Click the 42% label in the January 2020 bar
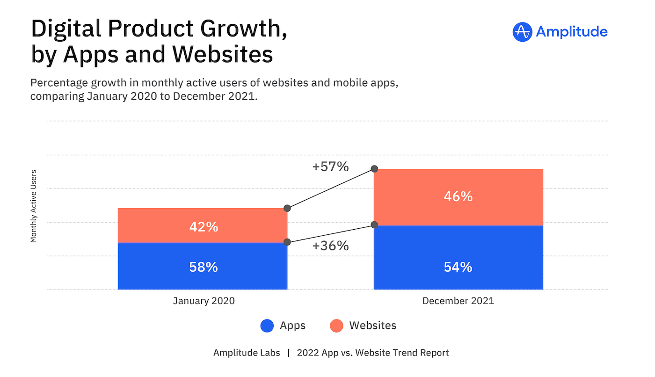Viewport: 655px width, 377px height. tap(204, 227)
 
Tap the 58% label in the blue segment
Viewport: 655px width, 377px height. tap(204, 267)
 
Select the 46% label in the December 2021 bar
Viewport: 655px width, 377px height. tap(458, 196)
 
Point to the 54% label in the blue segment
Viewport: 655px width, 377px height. tap(458, 267)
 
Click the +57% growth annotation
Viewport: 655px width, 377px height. tap(330, 167)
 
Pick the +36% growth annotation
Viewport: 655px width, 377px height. tap(330, 246)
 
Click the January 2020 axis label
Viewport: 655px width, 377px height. tap(204, 301)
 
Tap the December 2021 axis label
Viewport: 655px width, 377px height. tap(458, 301)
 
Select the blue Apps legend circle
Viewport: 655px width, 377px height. tap(267, 326)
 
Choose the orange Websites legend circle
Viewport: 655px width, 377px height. tap(336, 326)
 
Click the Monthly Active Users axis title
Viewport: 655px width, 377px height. tap(34, 206)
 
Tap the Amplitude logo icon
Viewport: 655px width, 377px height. tap(522, 32)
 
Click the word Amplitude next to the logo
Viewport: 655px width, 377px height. tap(572, 32)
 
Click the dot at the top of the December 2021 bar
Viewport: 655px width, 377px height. tap(374, 169)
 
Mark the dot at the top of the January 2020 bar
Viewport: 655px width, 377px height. tap(287, 208)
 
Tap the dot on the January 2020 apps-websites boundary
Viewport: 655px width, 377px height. tap(287, 242)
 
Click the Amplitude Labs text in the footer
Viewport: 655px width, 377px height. tap(247, 353)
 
